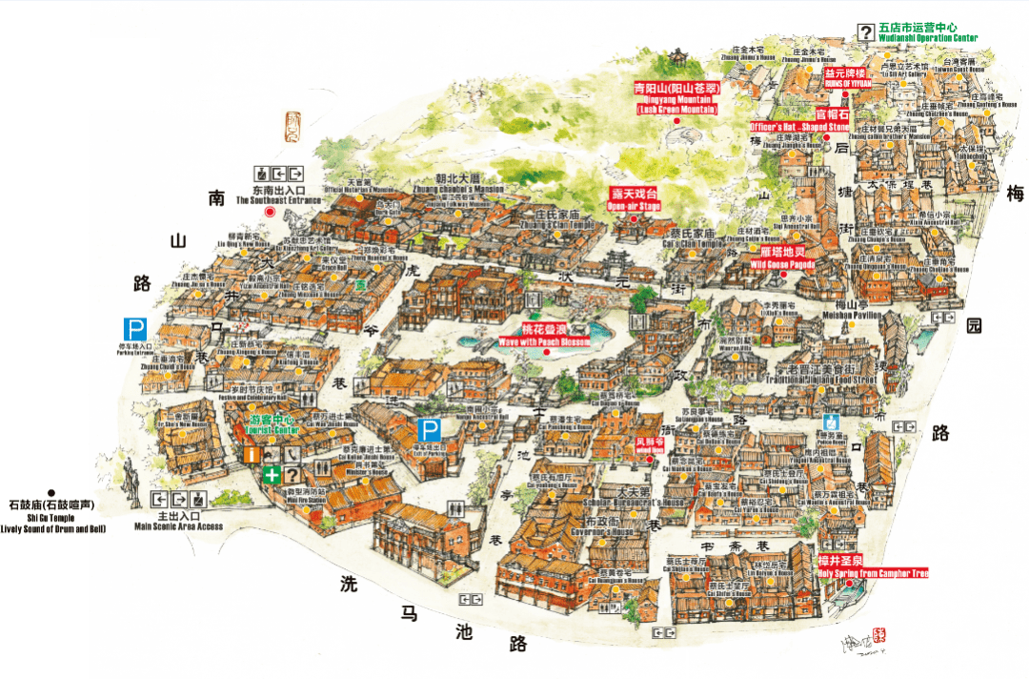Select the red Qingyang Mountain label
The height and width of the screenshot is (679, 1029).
click(x=676, y=98)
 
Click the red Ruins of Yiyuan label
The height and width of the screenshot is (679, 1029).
click(x=845, y=76)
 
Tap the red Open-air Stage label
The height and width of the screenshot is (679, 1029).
click(x=634, y=198)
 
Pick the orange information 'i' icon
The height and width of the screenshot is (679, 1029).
click(x=252, y=455)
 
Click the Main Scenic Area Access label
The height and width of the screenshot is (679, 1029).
click(x=178, y=525)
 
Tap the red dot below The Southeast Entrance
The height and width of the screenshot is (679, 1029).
click(x=270, y=213)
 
